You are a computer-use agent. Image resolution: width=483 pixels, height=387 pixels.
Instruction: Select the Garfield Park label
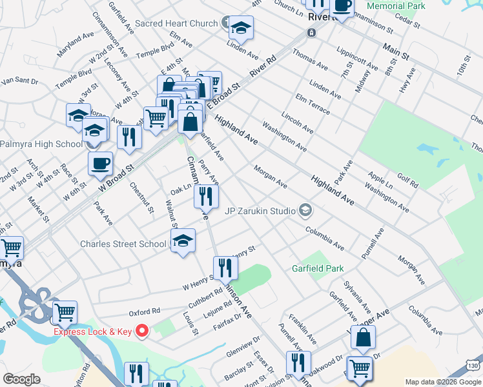pos(318,268)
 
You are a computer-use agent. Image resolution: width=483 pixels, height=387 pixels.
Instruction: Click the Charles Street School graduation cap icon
pos(183,241)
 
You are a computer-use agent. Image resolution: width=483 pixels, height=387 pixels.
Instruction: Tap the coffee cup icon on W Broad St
pos(100,163)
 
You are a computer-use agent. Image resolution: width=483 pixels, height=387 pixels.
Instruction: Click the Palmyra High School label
pos(42,143)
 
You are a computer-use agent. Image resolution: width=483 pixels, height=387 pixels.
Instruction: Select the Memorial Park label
pos(396,6)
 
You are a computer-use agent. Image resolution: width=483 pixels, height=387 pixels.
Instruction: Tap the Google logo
pos(22,379)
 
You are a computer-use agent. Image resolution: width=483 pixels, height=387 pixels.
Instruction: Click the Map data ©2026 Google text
pos(442,382)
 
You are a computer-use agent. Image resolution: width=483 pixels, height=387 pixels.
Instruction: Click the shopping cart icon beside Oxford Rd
pos(65,312)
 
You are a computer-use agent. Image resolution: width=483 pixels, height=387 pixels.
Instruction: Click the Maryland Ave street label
pos(75,41)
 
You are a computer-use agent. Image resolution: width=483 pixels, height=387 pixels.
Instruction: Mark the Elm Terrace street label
pos(312,103)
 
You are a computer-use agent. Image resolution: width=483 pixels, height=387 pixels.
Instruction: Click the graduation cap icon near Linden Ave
pos(241,28)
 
